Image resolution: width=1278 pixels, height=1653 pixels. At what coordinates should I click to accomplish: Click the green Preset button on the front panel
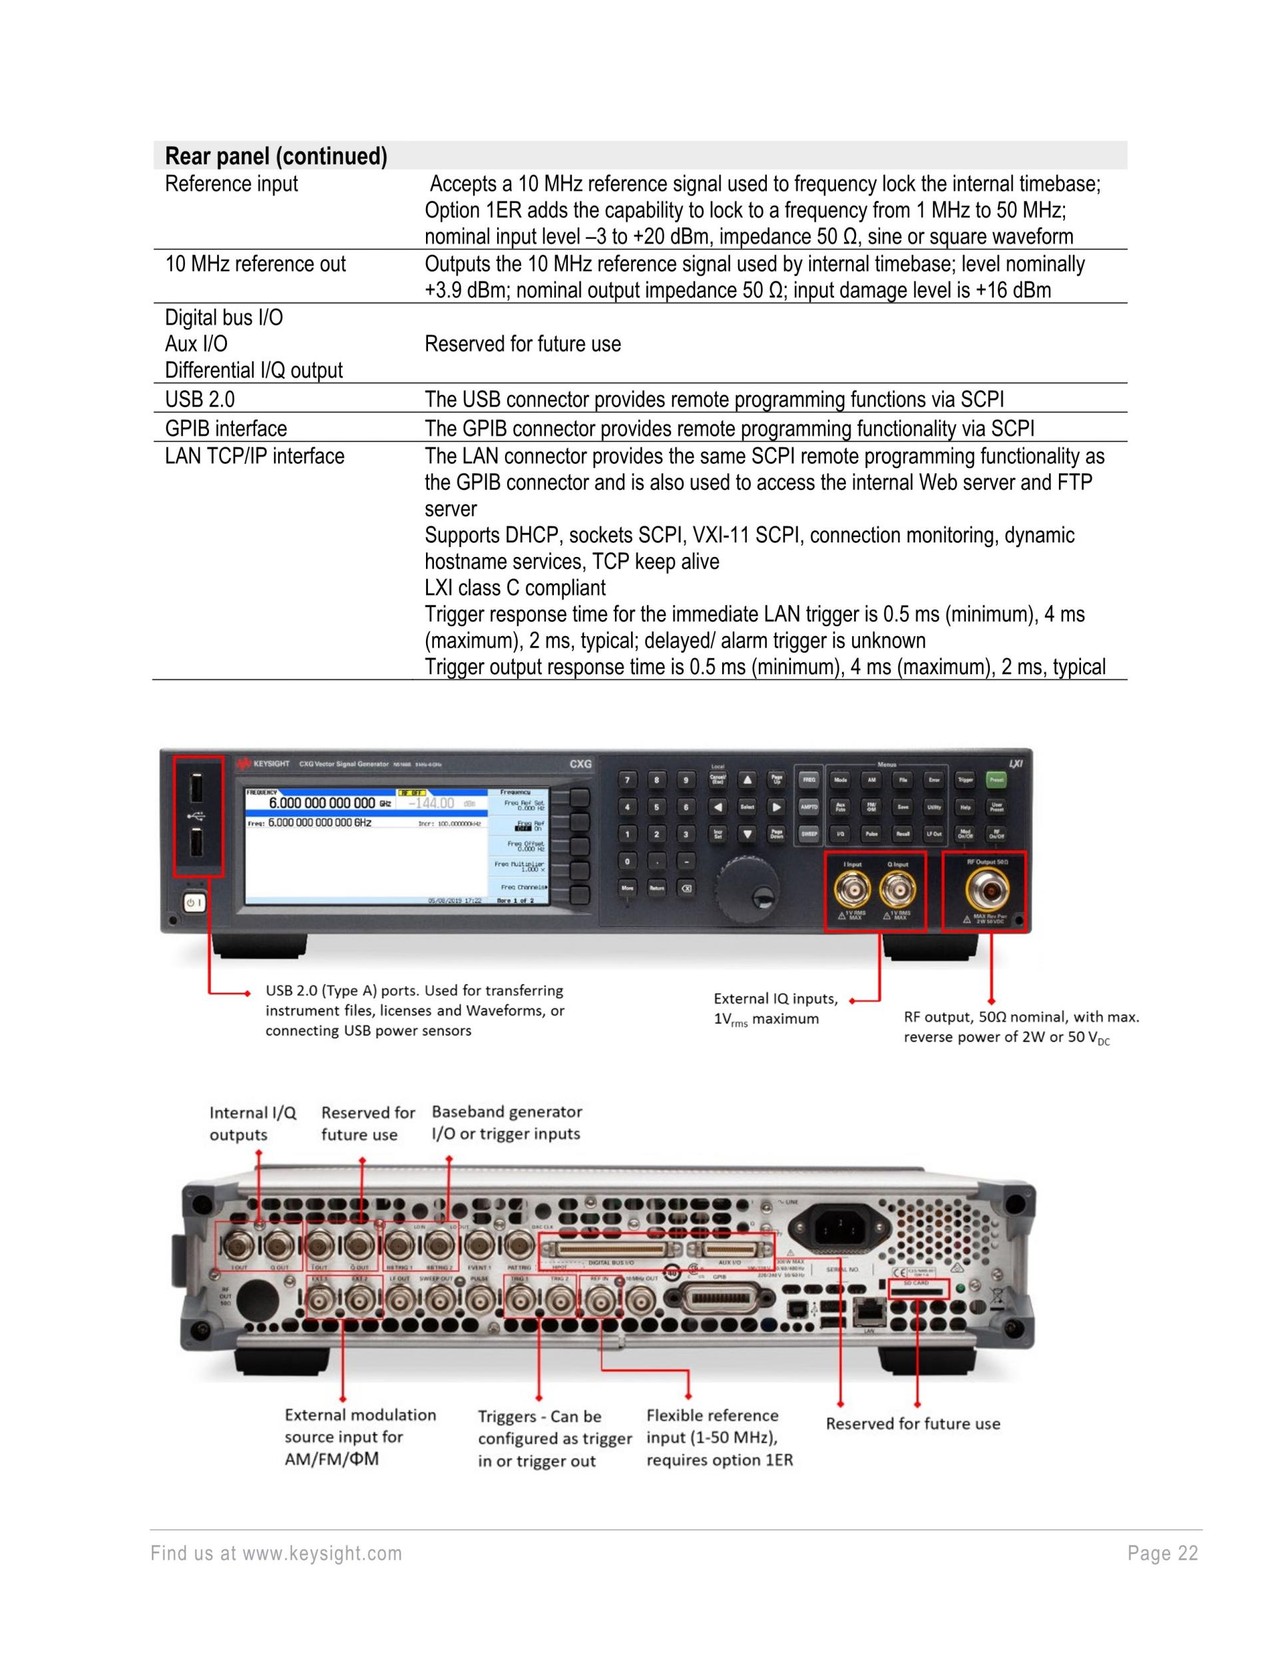tap(996, 779)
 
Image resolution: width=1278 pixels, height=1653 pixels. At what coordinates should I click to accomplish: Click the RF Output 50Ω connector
tap(986, 891)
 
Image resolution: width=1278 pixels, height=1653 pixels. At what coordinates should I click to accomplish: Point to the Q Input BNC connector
tap(897, 891)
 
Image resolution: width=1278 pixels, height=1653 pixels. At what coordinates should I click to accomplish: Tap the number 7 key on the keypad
tap(626, 779)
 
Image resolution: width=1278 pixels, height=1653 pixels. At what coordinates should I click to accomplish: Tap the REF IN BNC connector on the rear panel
tap(602, 1300)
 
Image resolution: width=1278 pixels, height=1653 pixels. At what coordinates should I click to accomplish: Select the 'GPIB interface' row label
tap(226, 429)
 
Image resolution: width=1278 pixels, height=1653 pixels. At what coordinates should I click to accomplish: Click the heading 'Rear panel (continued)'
tap(276, 156)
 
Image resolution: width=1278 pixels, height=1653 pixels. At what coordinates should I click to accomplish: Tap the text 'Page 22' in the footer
tap(1162, 1553)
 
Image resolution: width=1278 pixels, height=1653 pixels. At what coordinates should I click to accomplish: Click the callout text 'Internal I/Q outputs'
tap(252, 1123)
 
